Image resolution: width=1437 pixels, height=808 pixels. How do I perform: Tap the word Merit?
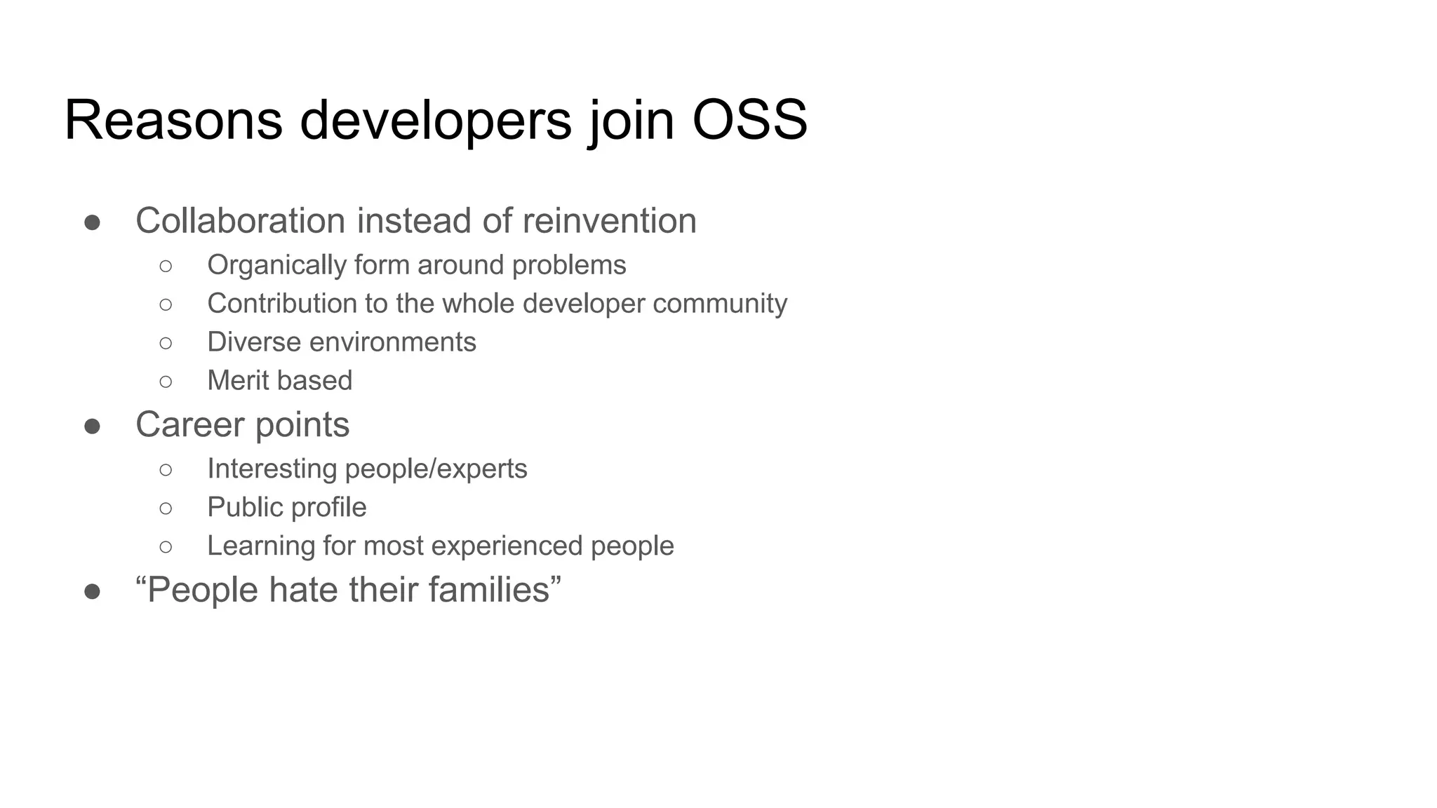pos(237,381)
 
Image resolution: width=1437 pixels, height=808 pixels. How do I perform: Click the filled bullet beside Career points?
pos(92,426)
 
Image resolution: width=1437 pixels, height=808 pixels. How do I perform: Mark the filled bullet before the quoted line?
pos(92,591)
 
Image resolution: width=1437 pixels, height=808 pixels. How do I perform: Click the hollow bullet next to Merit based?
pos(166,382)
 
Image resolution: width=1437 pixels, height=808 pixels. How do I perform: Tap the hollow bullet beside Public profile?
pos(166,508)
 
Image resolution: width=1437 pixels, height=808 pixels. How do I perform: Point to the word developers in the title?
pos(436,120)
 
